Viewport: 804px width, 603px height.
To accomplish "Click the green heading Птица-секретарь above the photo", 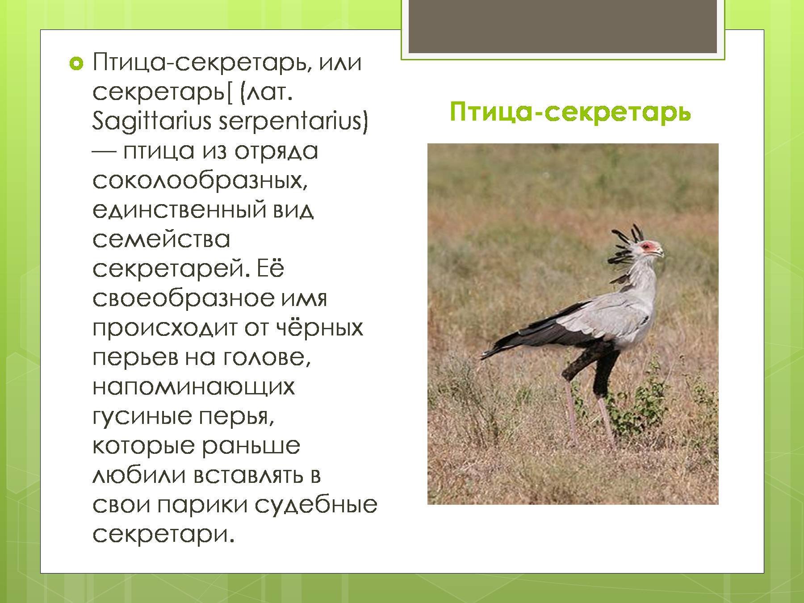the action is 570,112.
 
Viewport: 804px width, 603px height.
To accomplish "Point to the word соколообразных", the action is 201,181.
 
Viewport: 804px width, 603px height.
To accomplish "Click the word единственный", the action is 177,210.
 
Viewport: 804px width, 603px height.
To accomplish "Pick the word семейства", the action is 161,239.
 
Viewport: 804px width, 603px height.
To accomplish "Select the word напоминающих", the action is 194,387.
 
